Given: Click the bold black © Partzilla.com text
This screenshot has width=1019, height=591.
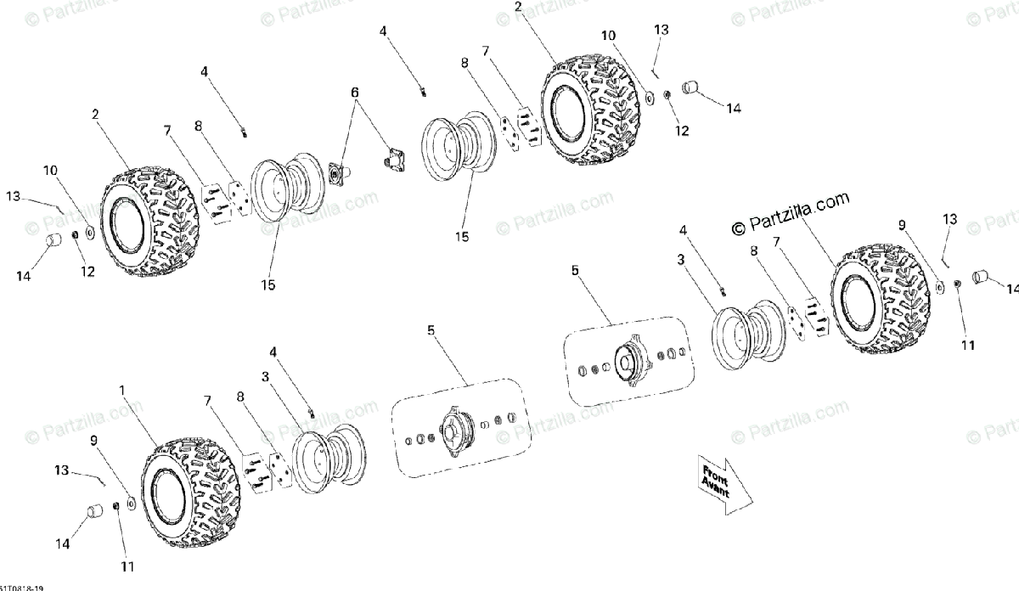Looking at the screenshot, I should pos(790,222).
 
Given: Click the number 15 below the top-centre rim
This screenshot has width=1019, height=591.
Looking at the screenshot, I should pos(462,237).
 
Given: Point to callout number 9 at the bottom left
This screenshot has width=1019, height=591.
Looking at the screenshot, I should pos(93,440).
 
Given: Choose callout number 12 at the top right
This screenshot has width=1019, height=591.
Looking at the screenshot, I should pos(683,131).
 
